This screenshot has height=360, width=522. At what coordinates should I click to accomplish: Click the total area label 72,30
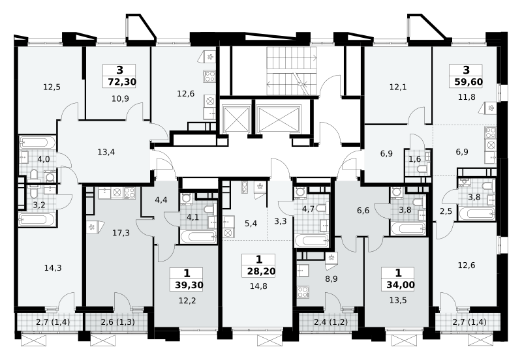[x=122, y=82]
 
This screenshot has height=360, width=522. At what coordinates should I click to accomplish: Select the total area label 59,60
[x=468, y=82]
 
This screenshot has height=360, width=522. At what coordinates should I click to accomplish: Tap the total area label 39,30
[x=189, y=285]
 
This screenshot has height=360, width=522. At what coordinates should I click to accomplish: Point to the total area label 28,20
[x=262, y=271]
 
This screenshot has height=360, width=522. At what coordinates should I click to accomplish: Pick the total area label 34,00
[x=401, y=285]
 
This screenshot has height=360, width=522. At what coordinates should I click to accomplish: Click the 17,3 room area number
[x=121, y=233]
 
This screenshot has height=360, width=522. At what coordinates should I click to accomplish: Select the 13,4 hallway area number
[x=106, y=152]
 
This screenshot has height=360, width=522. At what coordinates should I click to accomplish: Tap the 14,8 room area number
[x=258, y=286]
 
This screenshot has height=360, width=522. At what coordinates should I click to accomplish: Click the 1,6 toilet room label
[x=415, y=159]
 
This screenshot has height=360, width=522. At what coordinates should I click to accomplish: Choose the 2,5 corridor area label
[x=446, y=211]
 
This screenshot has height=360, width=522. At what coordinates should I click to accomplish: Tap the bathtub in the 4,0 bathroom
[x=37, y=143]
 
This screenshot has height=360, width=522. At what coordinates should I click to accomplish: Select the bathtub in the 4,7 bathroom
[x=312, y=240]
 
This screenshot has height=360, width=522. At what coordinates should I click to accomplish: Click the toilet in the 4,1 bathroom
[x=208, y=209]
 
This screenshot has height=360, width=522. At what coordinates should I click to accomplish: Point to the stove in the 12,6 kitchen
[x=209, y=77]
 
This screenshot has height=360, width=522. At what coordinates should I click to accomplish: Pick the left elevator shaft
[x=237, y=119]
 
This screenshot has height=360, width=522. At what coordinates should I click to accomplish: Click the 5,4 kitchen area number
[x=251, y=223]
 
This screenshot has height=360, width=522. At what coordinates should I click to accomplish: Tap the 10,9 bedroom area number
[x=120, y=99]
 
